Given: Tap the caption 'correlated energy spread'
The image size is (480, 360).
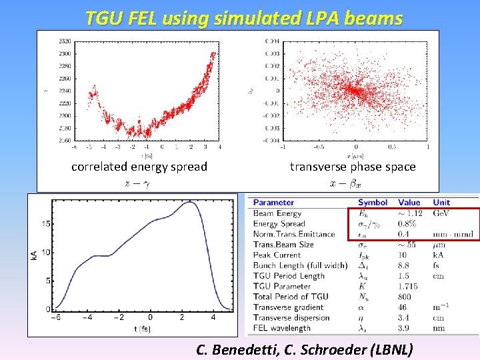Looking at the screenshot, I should click(x=139, y=167).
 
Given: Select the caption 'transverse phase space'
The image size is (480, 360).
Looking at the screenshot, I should click(x=353, y=167).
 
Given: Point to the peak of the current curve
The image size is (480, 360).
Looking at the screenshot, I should click(x=192, y=202).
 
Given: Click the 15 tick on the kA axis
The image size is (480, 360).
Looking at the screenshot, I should click(x=45, y=224).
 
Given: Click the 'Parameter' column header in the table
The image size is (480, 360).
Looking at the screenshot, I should click(x=273, y=202).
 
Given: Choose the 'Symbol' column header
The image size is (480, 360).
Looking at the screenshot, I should click(x=373, y=202).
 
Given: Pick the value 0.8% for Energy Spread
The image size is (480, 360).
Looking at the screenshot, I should click(x=407, y=223).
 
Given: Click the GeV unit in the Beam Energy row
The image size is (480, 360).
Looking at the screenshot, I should click(x=440, y=213).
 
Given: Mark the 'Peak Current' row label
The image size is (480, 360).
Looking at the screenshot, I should click(x=278, y=255).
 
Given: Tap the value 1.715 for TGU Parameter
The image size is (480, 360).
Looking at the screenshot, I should click(x=409, y=286).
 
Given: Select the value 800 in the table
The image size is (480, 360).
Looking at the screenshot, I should click(x=406, y=297).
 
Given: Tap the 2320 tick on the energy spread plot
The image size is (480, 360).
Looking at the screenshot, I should click(x=64, y=41).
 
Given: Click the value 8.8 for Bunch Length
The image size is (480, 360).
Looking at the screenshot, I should click(x=405, y=265).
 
